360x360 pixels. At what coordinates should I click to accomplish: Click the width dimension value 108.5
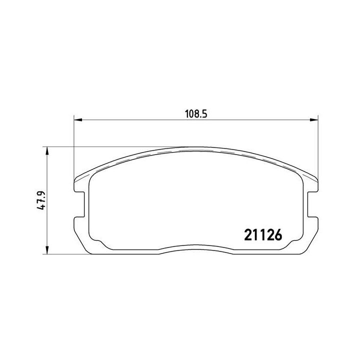196,113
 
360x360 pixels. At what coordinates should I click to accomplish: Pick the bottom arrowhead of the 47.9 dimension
47,251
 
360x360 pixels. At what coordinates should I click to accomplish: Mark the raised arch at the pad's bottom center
196,248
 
